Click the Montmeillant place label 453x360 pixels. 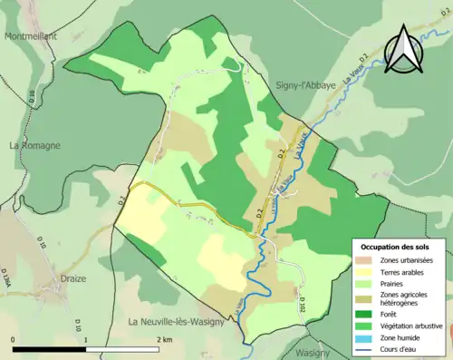click(31, 36)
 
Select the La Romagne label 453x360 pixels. click(36, 145)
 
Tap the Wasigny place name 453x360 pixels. click(313, 352)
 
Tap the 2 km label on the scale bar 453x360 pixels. click(164, 339)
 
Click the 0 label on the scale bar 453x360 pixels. click(14, 339)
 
